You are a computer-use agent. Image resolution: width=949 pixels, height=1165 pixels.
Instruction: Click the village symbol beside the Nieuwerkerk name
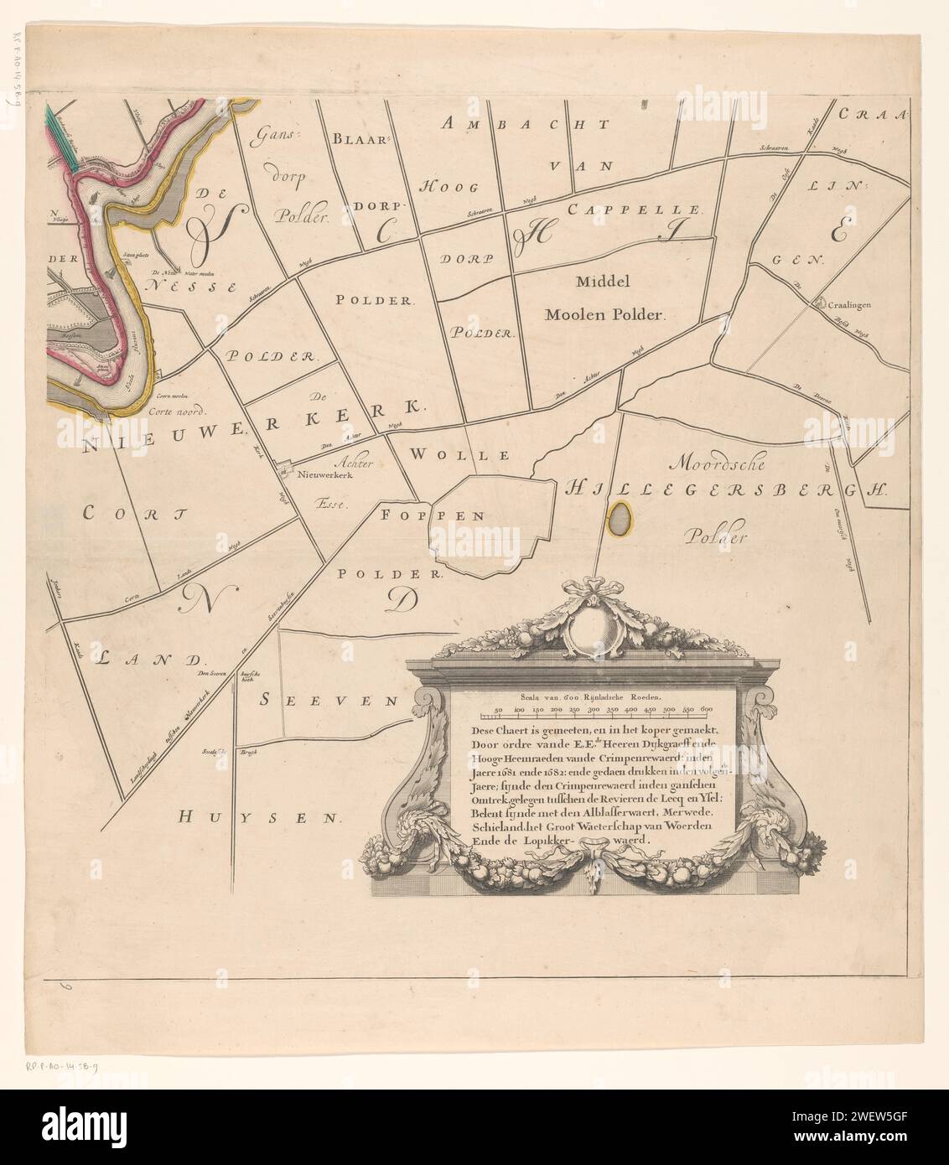(286, 470)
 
